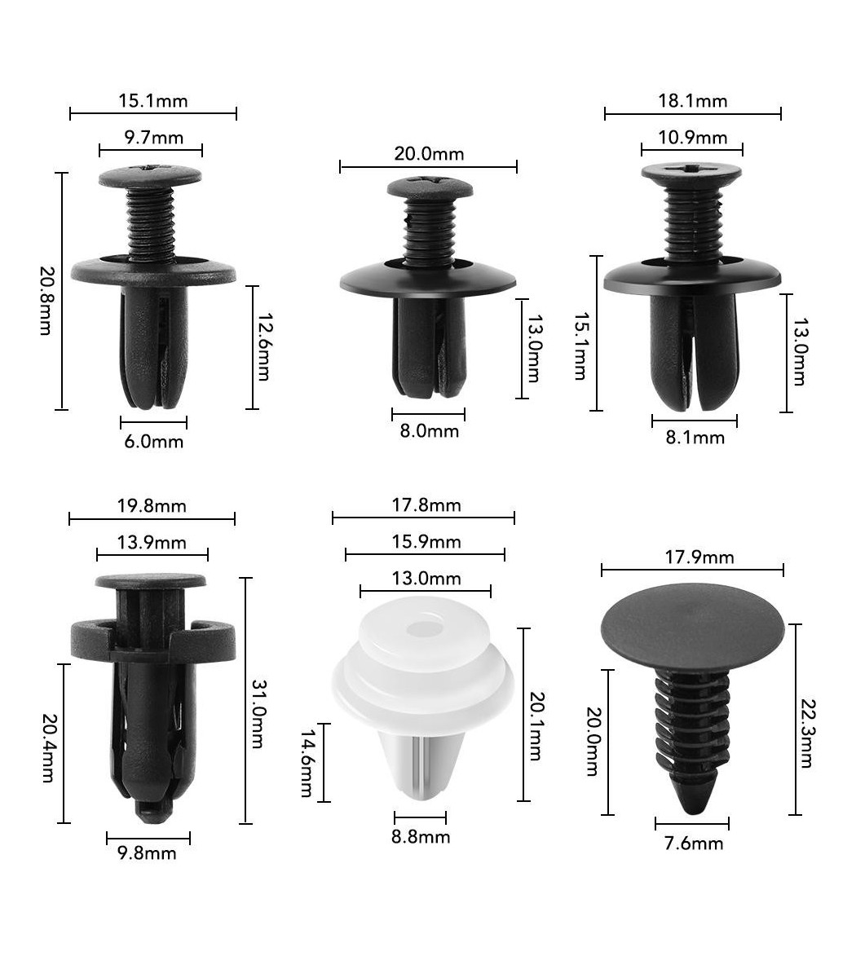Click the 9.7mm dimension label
point(154,138)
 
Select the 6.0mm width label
point(154,441)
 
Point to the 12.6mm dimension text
point(263,346)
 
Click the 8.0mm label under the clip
point(429,430)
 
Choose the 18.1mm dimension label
point(693,101)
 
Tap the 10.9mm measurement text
point(693,138)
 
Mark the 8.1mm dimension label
point(695,438)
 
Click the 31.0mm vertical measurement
point(258,714)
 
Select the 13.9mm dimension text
point(152,543)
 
